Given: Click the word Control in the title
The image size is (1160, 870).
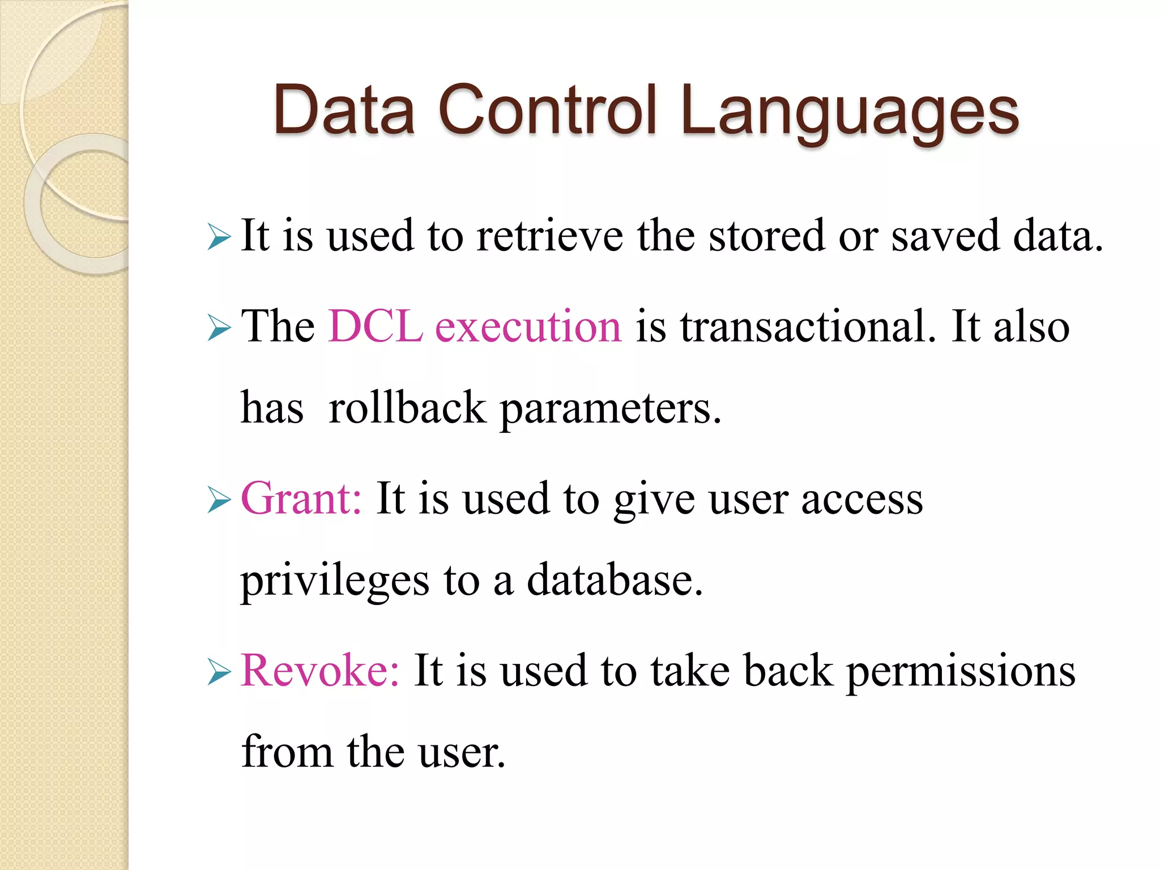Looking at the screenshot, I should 548,110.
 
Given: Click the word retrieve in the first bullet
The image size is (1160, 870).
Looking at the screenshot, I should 549,236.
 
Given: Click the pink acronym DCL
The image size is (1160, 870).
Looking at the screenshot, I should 375,327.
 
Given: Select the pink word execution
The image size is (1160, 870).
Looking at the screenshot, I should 528,327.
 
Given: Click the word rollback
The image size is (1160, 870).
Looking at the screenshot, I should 407,408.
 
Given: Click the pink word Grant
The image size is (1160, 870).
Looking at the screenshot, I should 301,499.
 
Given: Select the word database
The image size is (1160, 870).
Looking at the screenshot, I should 615,580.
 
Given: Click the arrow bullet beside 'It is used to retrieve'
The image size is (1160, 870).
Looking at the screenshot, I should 219,237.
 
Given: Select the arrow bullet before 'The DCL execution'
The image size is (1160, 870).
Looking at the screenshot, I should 219,328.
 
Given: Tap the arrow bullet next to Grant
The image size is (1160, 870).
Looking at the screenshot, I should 219,500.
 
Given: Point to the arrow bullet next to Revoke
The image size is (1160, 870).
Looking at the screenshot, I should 219,672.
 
